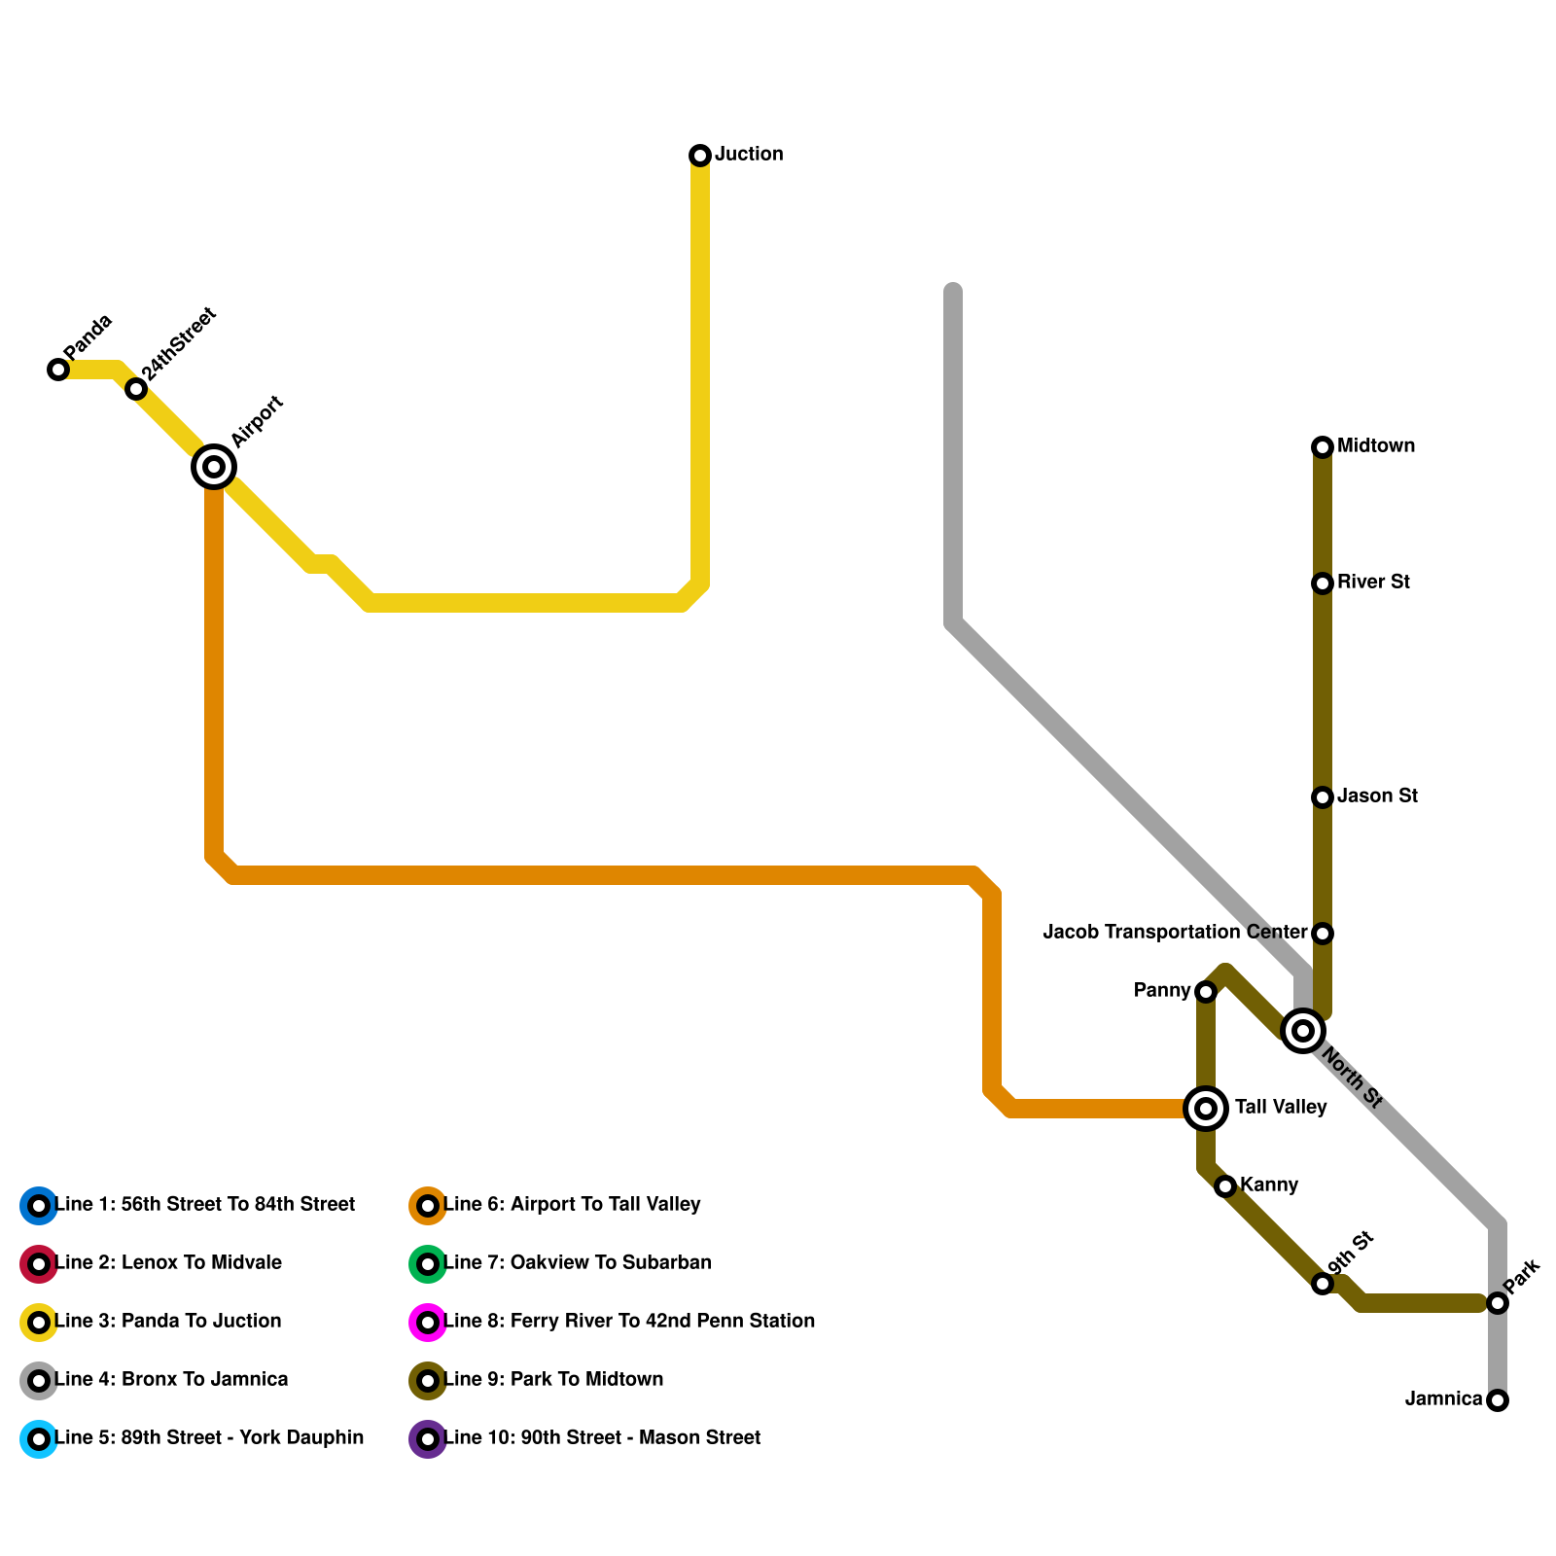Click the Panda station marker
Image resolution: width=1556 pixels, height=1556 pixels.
[x=58, y=370]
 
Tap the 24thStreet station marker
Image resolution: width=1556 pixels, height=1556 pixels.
[x=136, y=389]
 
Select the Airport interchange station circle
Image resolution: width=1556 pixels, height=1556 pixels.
[x=214, y=467]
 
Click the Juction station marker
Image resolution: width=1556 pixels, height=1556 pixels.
[x=700, y=156]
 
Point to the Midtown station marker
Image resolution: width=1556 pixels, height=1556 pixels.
[x=1323, y=447]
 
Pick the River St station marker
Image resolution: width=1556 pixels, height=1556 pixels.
[x=1323, y=583]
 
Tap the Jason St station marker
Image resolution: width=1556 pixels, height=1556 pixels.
[x=1323, y=797]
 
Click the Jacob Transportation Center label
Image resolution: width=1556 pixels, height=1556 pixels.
[x=1174, y=933]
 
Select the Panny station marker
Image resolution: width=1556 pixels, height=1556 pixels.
[x=1206, y=992]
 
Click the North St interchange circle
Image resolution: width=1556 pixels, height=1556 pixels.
[x=1303, y=1031]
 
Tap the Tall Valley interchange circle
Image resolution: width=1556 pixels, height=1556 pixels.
[x=1206, y=1109]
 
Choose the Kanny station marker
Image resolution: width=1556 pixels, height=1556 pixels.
[x=1225, y=1186]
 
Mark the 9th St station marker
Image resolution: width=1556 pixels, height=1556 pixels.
[x=1323, y=1284]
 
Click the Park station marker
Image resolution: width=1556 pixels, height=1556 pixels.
[x=1498, y=1303]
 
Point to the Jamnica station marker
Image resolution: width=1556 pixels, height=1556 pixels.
[x=1498, y=1400]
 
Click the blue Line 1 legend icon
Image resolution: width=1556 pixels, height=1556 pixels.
[x=39, y=1206]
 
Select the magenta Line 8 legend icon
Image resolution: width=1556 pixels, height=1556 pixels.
[x=428, y=1323]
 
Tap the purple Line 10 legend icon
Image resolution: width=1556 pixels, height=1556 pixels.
[x=428, y=1439]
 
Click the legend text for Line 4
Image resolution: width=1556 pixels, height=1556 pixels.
[x=171, y=1380]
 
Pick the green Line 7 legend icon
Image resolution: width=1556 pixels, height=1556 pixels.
[x=428, y=1264]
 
